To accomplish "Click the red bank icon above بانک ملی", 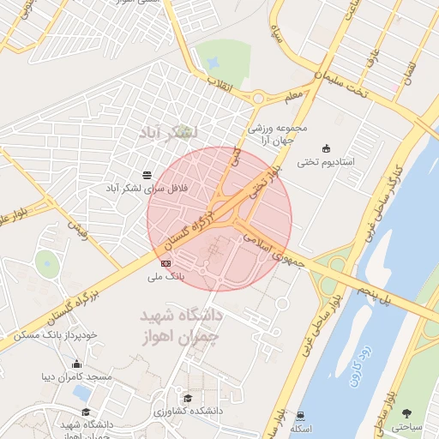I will pyautogui.click(x=165, y=263).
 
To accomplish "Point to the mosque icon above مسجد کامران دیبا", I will pyautogui.click(x=77, y=363).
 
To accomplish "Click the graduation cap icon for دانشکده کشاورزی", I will pyautogui.click(x=187, y=398).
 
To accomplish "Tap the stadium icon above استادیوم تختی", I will pyautogui.click(x=324, y=147).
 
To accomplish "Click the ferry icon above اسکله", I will pyautogui.click(x=299, y=415).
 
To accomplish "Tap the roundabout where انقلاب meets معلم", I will pyautogui.click(x=257, y=99).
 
